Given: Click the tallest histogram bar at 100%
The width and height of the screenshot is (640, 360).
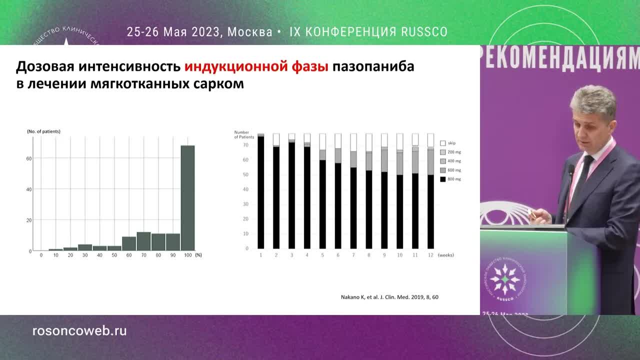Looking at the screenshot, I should click(x=187, y=197).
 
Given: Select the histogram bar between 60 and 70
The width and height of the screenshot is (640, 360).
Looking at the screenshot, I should click(x=129, y=243).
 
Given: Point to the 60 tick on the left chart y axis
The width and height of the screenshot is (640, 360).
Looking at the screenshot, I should click(x=29, y=158).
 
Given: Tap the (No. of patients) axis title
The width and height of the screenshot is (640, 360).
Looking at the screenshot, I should click(x=43, y=131).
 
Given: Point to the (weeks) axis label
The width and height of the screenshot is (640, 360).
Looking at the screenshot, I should click(x=445, y=255).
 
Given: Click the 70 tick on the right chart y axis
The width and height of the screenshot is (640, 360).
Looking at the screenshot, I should click(x=245, y=145).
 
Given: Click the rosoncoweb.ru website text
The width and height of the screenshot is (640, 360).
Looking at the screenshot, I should click(x=79, y=331).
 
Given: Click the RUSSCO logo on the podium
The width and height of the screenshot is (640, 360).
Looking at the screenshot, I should click(x=504, y=280).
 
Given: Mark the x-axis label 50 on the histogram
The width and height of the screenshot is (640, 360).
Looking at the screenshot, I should click(x=114, y=255).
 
